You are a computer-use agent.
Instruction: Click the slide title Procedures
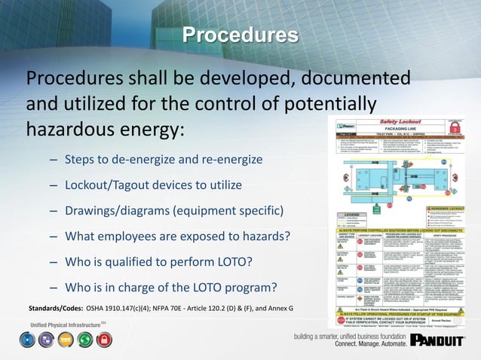[x=240, y=35]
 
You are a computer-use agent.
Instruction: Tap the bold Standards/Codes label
[x=55, y=309]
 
